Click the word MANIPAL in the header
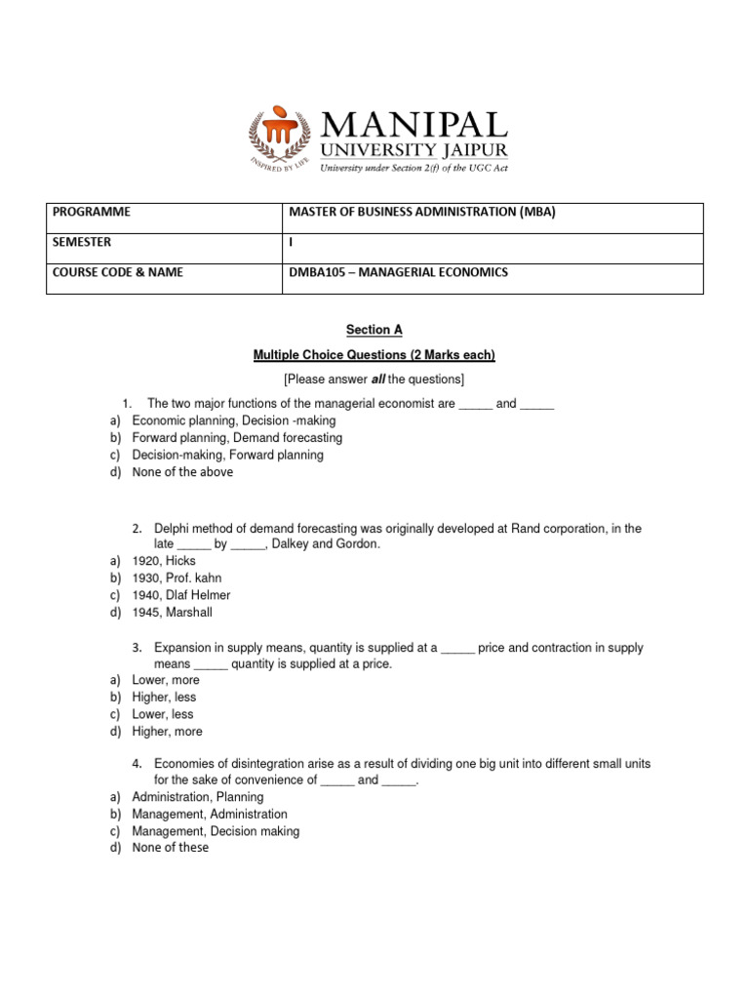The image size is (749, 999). pyautogui.click(x=415, y=126)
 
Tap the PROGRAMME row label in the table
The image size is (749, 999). pyautogui.click(x=93, y=213)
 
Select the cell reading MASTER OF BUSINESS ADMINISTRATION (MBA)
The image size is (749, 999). pyautogui.click(x=422, y=213)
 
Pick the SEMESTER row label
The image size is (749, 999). pyautogui.click(x=83, y=242)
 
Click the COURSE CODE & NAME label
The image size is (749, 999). pyautogui.click(x=118, y=272)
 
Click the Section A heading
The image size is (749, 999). pyautogui.click(x=374, y=330)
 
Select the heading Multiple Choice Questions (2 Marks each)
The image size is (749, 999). pyautogui.click(x=374, y=354)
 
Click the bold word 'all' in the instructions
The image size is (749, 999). pyautogui.click(x=380, y=379)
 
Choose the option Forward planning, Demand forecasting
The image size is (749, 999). pyautogui.click(x=237, y=438)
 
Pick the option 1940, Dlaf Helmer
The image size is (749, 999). pyautogui.click(x=181, y=595)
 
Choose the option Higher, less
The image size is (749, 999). pyautogui.click(x=164, y=698)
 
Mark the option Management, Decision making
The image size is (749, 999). pyautogui.click(x=216, y=831)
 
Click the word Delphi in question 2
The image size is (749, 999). pyautogui.click(x=173, y=529)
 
